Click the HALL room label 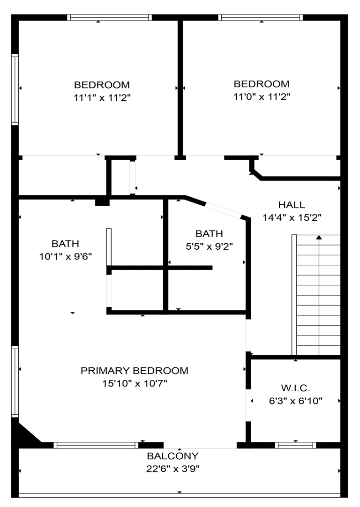pos(292,205)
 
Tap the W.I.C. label pos(296,388)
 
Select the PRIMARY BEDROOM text pos(135,371)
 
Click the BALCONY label pos(172,456)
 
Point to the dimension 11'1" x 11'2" pos(102,97)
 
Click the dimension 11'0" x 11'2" pos(262,97)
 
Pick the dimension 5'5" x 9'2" pos(209,247)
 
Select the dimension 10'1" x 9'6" pos(66,257)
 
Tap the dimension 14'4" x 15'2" pos(292,218)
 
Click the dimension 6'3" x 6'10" pos(296,401)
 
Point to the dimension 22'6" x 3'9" pos(172,469)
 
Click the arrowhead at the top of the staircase pos(319,237)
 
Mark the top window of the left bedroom pos(110,17)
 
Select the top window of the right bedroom pos(261,17)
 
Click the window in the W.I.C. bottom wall pos(296,445)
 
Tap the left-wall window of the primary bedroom pos(15,381)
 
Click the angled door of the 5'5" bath pos(224,210)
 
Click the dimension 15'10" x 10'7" pos(135,384)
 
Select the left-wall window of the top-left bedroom pos(15,89)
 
